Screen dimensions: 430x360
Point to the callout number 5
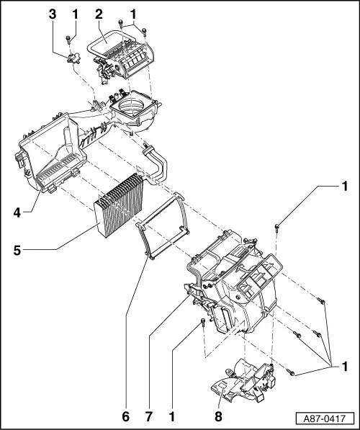click(17, 251)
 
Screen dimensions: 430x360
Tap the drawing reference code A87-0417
click(325, 417)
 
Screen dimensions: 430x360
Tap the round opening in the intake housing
click(134, 112)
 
